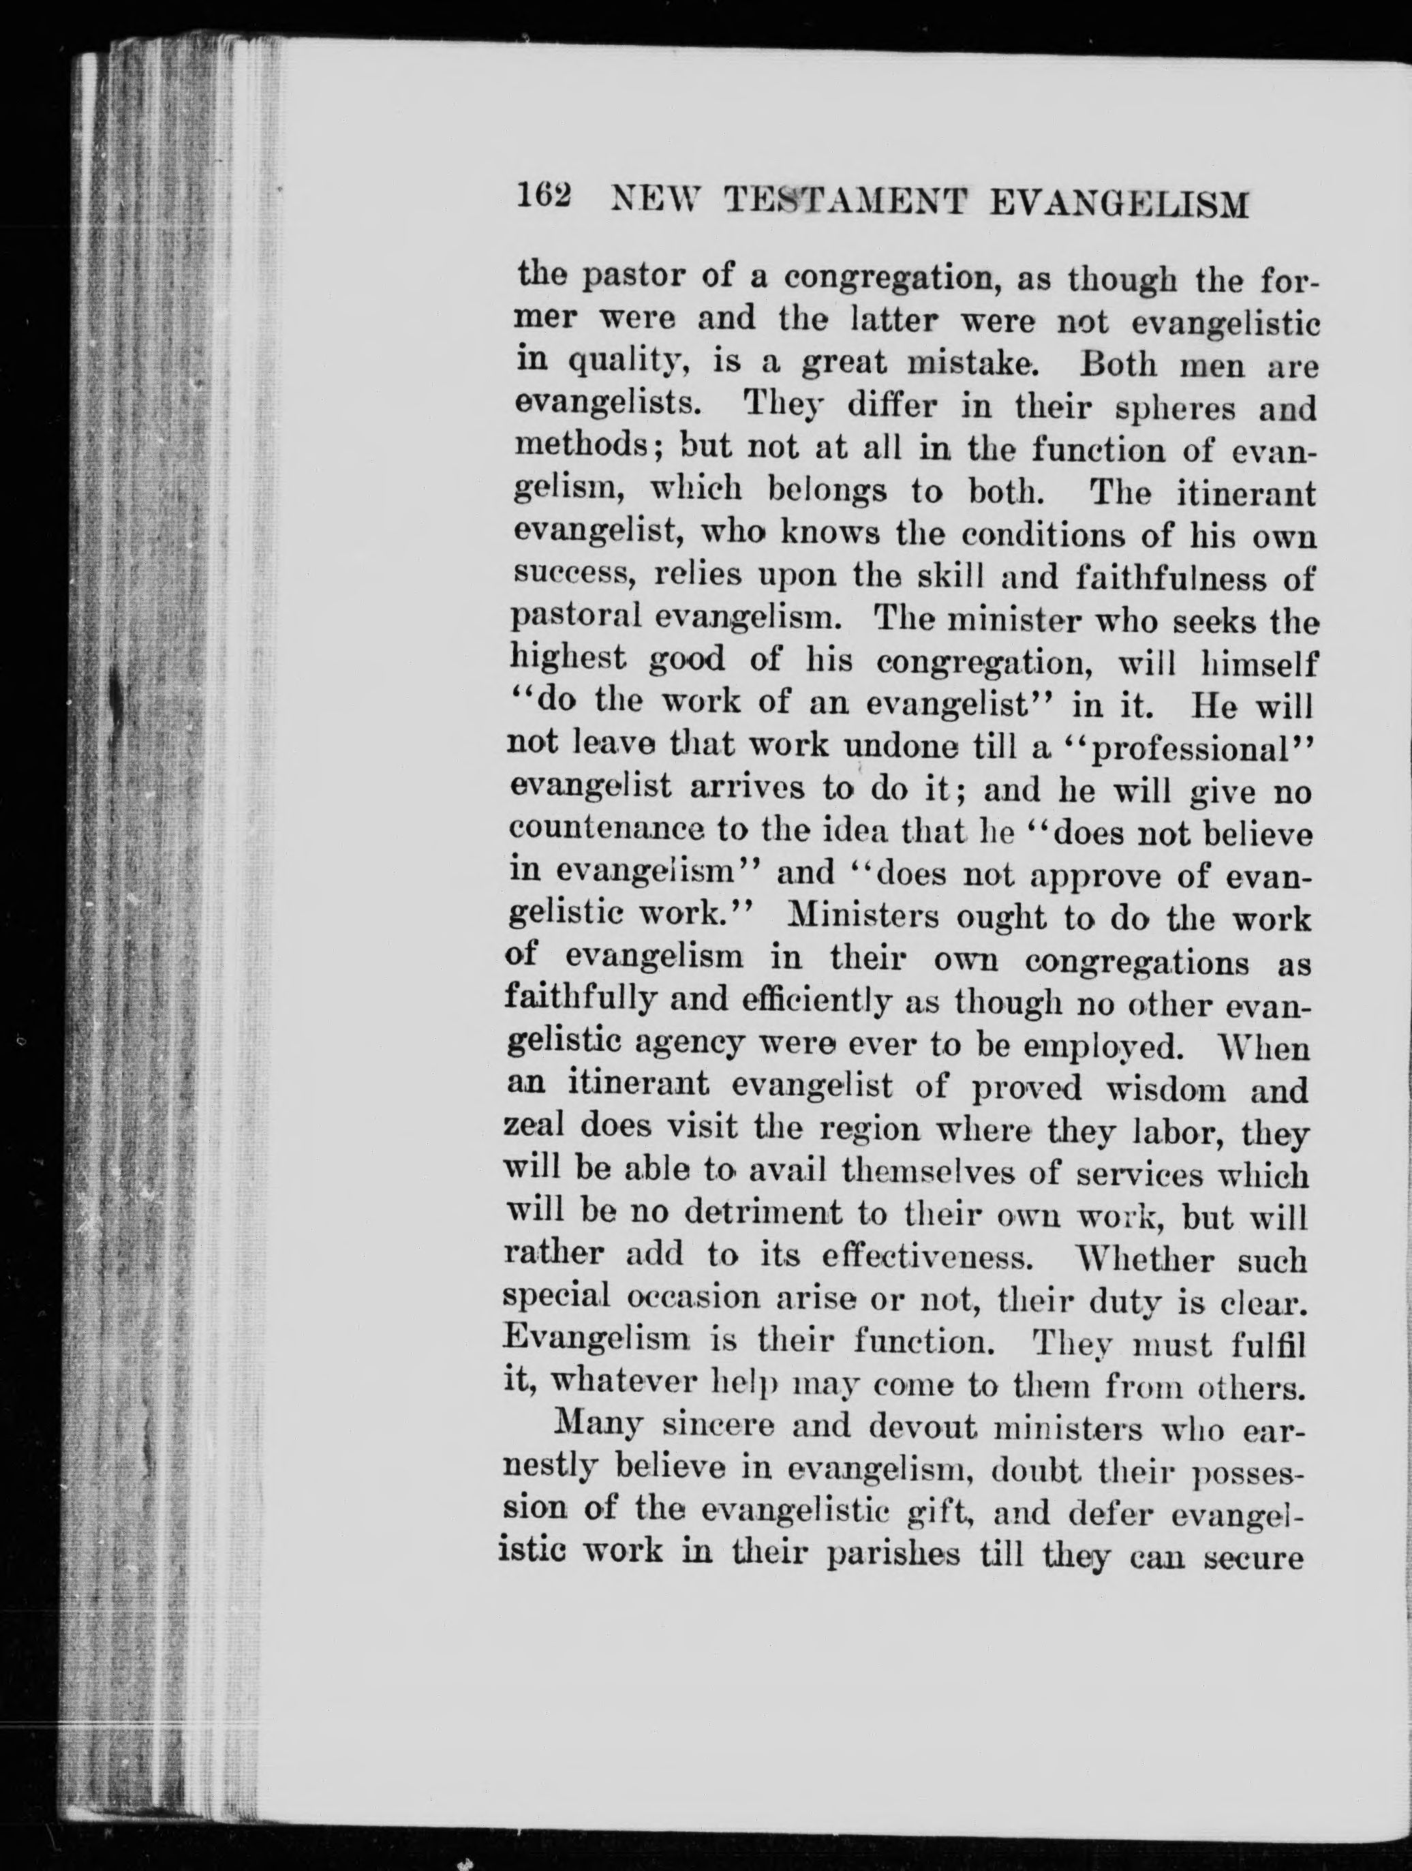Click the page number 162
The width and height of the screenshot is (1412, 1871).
tap(544, 200)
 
